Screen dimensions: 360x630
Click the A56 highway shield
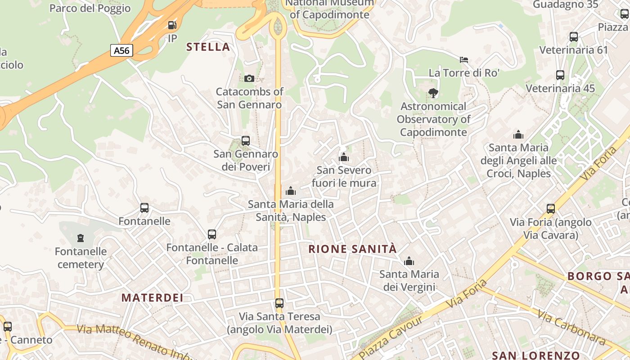pyautogui.click(x=121, y=50)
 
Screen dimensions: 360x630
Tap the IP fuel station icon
pyautogui.click(x=172, y=25)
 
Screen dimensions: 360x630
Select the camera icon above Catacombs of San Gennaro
pyautogui.click(x=249, y=78)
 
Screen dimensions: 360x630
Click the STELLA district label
pyautogui.click(x=208, y=47)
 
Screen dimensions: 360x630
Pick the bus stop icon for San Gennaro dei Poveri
pyautogui.click(x=246, y=140)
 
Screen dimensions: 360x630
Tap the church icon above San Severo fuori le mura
pyautogui.click(x=344, y=157)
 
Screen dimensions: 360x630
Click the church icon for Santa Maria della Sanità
pyautogui.click(x=291, y=191)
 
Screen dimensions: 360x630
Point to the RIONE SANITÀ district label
pyautogui.click(x=352, y=249)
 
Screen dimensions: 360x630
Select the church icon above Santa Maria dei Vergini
pyautogui.click(x=409, y=261)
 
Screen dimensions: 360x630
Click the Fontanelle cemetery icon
pyautogui.click(x=81, y=238)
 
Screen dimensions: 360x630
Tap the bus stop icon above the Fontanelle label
pyautogui.click(x=144, y=208)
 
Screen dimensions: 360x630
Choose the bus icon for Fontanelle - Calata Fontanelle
pyautogui.click(x=212, y=234)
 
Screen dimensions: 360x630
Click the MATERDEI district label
pyautogui.click(x=153, y=297)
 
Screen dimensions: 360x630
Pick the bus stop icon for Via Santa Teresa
pyautogui.click(x=279, y=303)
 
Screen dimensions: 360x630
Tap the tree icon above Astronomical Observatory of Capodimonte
pyautogui.click(x=433, y=93)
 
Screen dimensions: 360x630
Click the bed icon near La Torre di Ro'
pyautogui.click(x=464, y=59)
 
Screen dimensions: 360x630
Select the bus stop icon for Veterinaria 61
pyautogui.click(x=574, y=37)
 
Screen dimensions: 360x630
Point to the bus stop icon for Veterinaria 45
pyautogui.click(x=560, y=75)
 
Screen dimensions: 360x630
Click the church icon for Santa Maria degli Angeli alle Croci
pyautogui.click(x=518, y=135)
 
